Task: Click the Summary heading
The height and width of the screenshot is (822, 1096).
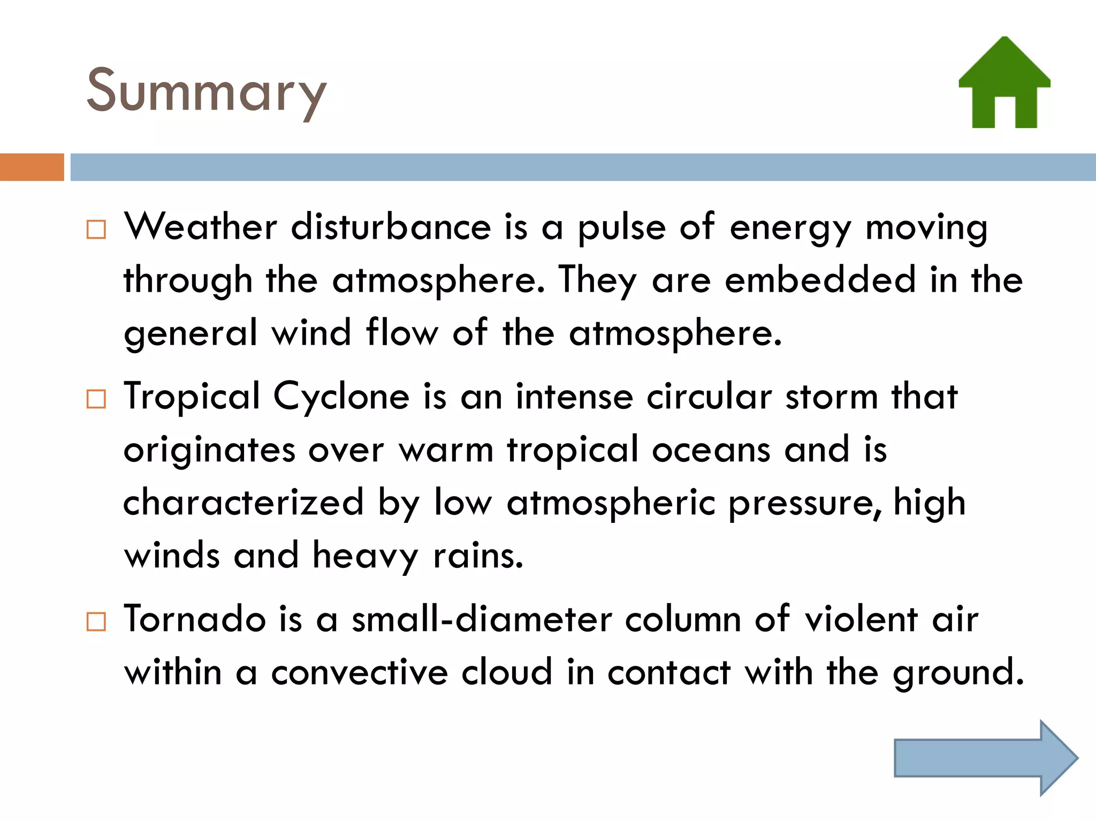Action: point(206,91)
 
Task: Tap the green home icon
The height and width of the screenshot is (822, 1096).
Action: point(1004,83)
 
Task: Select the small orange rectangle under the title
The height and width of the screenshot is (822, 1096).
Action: point(32,167)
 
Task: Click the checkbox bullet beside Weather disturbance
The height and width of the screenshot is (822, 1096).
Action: point(96,230)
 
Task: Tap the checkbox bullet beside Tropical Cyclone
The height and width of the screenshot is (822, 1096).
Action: point(96,399)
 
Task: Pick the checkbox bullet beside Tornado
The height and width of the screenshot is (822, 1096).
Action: point(96,622)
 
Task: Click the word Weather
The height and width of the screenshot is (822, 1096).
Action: point(201,226)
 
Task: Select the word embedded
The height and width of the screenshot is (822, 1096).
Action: point(820,279)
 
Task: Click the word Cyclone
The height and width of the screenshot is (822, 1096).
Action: point(341,397)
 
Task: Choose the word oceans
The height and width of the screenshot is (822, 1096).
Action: point(711,450)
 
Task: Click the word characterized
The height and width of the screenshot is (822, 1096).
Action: point(243,503)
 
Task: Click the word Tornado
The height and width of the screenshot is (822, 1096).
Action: point(195,619)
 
